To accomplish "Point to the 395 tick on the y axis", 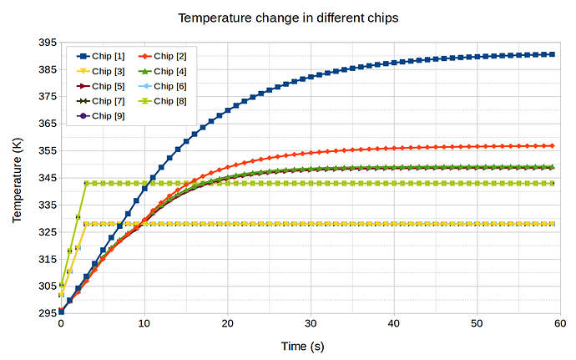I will coord(47,43).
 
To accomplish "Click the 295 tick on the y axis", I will coord(47,313).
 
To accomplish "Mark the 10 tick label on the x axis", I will coord(144,324).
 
